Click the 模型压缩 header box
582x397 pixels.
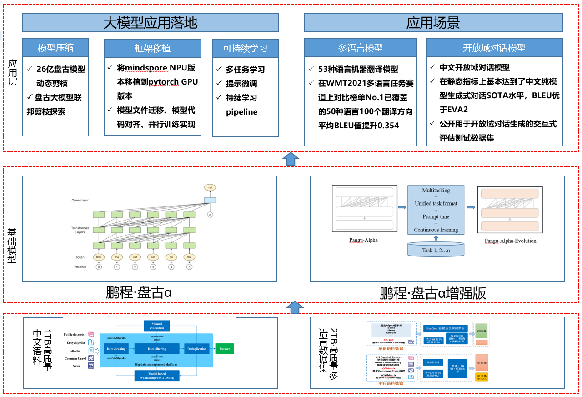click(55, 48)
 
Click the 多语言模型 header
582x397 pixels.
click(360, 48)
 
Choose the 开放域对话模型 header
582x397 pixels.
click(494, 48)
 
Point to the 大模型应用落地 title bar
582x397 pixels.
click(150, 23)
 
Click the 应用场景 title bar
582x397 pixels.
click(433, 23)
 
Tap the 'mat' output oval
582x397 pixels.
click(210, 187)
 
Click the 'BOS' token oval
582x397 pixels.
click(99, 257)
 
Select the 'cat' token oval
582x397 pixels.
click(135, 257)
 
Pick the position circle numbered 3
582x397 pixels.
click(153, 267)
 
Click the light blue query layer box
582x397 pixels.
click(210, 200)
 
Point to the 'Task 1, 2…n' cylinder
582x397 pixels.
click(436, 250)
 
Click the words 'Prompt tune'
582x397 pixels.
click(436, 217)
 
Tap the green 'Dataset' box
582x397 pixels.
click(224, 349)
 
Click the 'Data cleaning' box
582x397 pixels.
click(116, 349)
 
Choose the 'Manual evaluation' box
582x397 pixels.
click(156, 326)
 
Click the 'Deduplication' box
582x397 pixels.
click(197, 349)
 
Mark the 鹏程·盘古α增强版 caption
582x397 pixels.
click(433, 293)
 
